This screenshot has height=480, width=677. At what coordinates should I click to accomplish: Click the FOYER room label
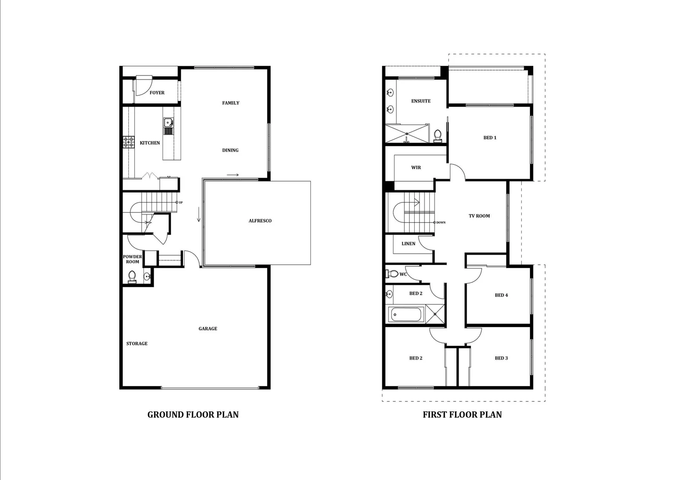pos(157,93)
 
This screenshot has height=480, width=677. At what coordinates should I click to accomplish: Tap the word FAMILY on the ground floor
pos(230,103)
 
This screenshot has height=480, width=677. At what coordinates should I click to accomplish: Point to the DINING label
pos(230,150)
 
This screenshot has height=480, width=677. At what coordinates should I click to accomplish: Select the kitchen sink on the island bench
pos(168,123)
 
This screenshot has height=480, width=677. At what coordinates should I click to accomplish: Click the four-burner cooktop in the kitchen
pos(129,142)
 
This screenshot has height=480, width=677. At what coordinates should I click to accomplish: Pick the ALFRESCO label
pos(260,221)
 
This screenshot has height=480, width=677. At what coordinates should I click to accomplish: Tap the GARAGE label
pos(208,329)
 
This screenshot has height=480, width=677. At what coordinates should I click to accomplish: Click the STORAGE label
pos(137,344)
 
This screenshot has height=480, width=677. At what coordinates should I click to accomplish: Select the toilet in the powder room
pos(132,277)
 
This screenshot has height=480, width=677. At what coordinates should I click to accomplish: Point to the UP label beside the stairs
pos(181,203)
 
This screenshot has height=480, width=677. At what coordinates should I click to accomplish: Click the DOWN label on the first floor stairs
pos(441,222)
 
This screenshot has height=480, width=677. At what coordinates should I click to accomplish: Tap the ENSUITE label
pos(421,101)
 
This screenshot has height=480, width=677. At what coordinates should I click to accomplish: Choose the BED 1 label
pos(490,138)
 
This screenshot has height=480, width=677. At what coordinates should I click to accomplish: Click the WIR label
pos(416,168)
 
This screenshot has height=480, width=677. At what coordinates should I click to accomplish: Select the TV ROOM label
pos(479,216)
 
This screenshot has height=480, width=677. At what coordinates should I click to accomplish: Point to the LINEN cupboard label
pos(408,244)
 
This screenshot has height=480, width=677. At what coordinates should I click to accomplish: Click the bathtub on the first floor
pos(406,315)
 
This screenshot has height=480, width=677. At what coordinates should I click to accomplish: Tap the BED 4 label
pos(501,295)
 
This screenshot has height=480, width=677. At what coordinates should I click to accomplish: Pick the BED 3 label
pos(501,358)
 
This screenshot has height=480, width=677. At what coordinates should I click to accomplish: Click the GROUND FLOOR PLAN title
pos(193,415)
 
